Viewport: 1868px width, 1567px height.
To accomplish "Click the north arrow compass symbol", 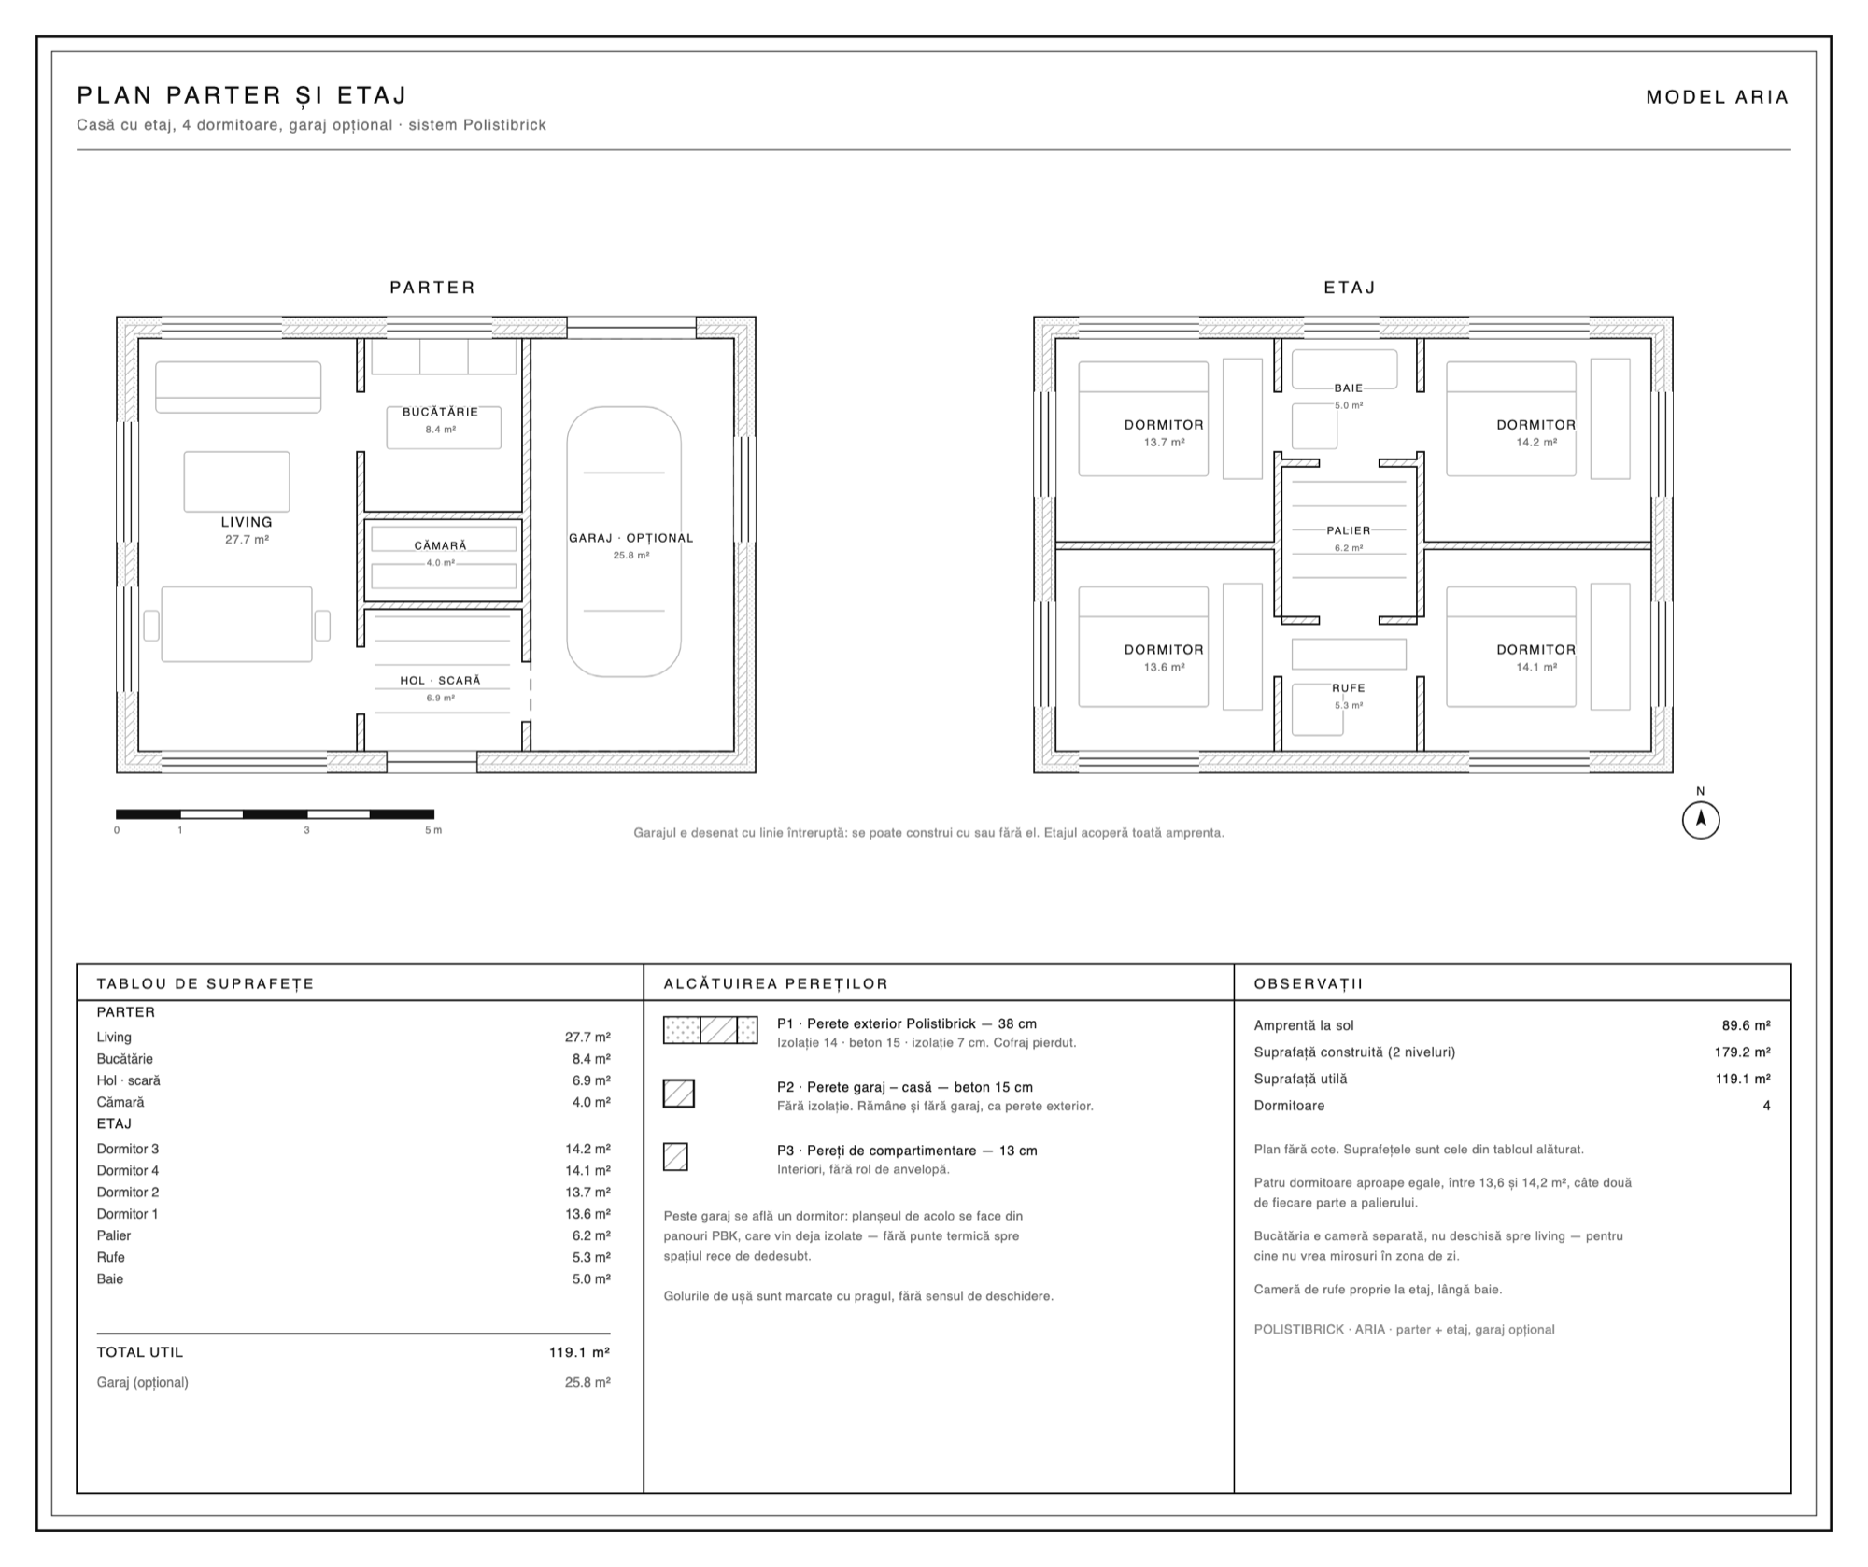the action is (1701, 820).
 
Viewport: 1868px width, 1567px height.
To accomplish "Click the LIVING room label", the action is (247, 522).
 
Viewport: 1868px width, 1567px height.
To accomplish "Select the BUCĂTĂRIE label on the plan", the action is (440, 412).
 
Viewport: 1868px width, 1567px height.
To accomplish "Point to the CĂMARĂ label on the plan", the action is (441, 545).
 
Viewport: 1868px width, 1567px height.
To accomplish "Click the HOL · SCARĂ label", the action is (440, 681).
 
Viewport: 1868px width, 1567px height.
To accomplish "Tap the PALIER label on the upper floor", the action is (1349, 530).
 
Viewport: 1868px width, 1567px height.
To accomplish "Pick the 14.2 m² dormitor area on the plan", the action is (1536, 443).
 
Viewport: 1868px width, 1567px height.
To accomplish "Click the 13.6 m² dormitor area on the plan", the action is (1165, 668).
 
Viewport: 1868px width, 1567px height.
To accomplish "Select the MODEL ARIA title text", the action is (1717, 97).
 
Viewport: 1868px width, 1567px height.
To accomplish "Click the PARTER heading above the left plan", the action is (432, 288).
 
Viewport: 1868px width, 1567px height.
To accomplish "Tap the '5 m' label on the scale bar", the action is (433, 830).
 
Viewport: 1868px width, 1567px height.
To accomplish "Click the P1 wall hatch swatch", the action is (710, 1030).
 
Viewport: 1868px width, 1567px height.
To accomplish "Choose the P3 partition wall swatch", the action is (675, 1157).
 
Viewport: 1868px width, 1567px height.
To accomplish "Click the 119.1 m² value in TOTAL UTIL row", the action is (579, 1352).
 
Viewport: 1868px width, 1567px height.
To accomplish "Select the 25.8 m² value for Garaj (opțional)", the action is (587, 1383).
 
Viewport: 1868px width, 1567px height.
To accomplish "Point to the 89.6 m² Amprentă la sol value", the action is (1747, 1025).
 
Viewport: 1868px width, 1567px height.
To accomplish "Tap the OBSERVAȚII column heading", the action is (1309, 984).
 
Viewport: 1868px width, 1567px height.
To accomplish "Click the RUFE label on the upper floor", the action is (1349, 688).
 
